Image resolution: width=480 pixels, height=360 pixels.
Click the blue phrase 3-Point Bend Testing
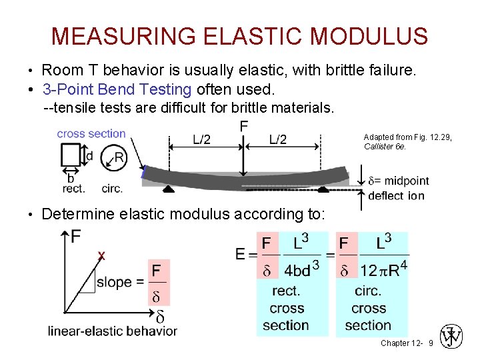117,89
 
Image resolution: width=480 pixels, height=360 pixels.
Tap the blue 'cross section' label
91,133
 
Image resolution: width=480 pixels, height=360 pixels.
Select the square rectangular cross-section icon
70,156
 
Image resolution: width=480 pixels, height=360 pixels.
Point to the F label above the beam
244,126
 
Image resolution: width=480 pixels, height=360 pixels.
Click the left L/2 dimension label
202,139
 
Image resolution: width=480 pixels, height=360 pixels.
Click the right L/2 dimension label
278,139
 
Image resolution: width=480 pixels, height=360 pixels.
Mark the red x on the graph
101,255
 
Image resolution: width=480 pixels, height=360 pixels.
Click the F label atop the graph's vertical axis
76,237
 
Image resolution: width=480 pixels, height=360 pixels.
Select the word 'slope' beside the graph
114,282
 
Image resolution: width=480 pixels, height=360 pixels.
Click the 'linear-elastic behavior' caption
113,331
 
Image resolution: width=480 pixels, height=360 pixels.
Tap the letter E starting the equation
240,254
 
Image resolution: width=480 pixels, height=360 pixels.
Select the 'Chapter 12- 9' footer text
407,343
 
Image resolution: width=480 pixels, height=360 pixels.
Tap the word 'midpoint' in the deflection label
407,181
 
